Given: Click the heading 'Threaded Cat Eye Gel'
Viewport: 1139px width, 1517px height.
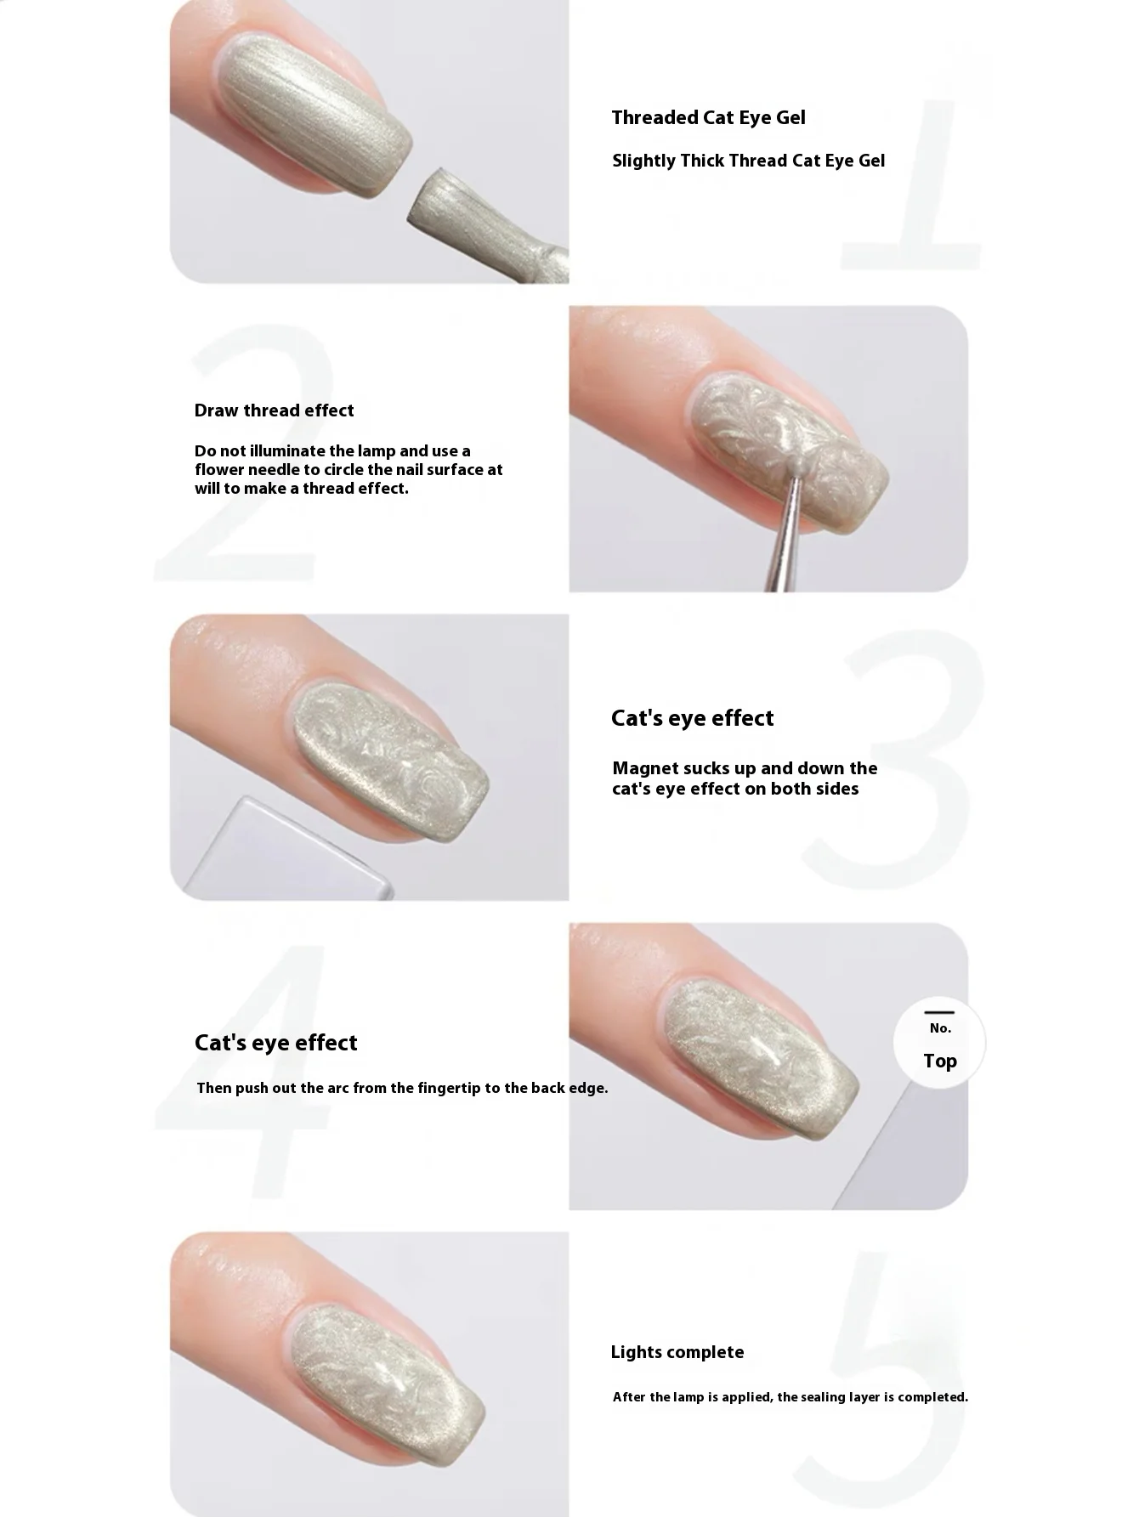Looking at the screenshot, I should tap(708, 118).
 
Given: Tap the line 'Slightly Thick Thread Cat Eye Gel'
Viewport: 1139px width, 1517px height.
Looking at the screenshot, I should tap(748, 161).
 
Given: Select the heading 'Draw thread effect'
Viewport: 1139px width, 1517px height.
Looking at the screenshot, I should tap(274, 410).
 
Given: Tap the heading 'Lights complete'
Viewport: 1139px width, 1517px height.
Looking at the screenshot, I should tap(677, 1352).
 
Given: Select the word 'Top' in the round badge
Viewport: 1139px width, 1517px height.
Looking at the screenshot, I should tap(940, 1061).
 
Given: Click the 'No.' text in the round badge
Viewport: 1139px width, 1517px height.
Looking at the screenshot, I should tap(940, 1028).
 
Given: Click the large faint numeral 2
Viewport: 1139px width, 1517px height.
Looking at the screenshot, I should tap(246, 459).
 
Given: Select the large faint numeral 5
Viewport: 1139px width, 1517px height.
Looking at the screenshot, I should tap(884, 1377).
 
